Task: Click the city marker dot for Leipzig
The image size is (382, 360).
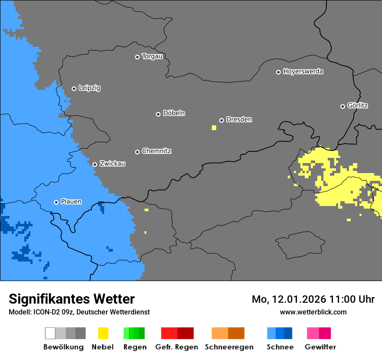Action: click(x=74, y=88)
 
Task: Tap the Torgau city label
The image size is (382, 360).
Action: click(x=152, y=56)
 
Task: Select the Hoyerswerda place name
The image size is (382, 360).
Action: click(x=303, y=72)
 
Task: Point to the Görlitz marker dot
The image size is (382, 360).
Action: click(x=342, y=106)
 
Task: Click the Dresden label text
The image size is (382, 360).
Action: click(x=239, y=119)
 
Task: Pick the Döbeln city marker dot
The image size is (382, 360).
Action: click(x=158, y=114)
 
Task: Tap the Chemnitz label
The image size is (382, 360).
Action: click(x=156, y=151)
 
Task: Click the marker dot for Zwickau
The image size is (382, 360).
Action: click(x=95, y=164)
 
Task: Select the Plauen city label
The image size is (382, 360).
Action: click(x=71, y=202)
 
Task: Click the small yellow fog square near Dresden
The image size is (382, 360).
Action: click(x=214, y=128)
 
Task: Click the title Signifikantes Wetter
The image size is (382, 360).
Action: click(x=72, y=299)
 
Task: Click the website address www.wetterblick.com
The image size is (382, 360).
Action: click(x=313, y=312)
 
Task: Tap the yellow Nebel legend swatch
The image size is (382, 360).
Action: click(x=103, y=333)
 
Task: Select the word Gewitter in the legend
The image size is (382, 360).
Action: click(x=320, y=347)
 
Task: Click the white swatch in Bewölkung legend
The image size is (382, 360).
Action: click(x=50, y=333)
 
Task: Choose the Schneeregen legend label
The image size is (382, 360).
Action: click(x=229, y=347)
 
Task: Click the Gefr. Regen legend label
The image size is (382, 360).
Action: click(x=177, y=347)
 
